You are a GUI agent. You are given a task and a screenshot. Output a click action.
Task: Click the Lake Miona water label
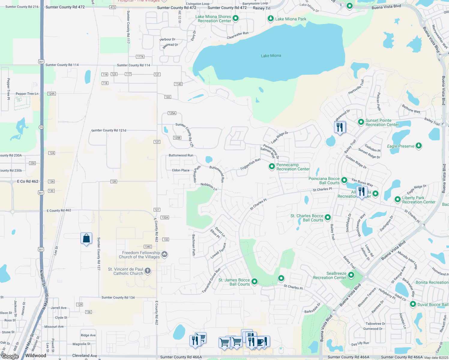[x=271, y=56]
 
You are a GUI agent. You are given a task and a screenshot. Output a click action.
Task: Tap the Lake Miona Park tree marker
[x=270, y=19]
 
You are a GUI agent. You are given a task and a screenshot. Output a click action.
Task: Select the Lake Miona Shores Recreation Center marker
[x=236, y=18]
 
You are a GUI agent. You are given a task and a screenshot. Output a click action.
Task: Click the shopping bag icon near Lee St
[x=86, y=238]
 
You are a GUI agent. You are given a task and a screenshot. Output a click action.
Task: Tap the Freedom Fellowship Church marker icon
[x=164, y=255]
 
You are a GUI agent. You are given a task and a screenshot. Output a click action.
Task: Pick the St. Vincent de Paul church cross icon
[x=148, y=271]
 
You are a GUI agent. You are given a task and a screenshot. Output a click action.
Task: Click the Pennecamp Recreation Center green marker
[x=272, y=166]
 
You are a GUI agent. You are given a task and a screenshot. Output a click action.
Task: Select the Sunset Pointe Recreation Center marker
[x=361, y=122]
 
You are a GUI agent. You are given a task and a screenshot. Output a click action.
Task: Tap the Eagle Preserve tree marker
[x=419, y=146]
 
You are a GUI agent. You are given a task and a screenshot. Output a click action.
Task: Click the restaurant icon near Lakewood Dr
[x=340, y=127]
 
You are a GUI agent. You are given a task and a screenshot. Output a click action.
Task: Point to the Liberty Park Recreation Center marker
[x=397, y=199]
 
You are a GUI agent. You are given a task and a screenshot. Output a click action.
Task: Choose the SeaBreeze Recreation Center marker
[x=351, y=275]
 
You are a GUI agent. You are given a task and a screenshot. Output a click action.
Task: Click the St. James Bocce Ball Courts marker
[x=255, y=281]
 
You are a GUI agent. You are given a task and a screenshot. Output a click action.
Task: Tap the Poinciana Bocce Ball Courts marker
[x=344, y=180]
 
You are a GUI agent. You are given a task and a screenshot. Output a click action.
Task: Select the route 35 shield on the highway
[x=41, y=127]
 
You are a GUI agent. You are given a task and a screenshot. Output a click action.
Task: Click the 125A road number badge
[x=172, y=113]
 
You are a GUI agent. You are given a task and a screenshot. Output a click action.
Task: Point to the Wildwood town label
[x=36, y=355]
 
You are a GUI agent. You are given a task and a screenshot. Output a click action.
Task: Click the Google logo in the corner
[x=10, y=356]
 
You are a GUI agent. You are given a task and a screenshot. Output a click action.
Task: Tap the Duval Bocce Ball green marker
[x=413, y=304]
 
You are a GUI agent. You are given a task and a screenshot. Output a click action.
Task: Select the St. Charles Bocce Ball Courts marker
[x=328, y=217]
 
